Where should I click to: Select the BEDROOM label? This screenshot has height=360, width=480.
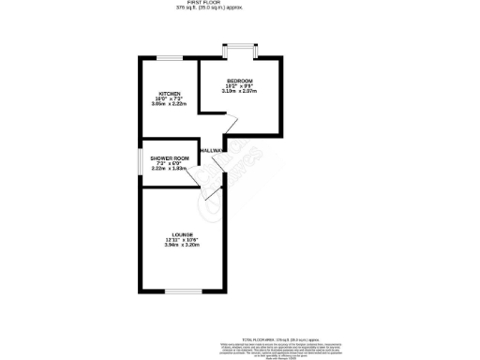pyautogui.click(x=240, y=82)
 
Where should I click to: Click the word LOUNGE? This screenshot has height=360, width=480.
pyautogui.click(x=182, y=234)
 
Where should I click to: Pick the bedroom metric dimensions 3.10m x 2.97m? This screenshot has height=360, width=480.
pyautogui.click(x=240, y=93)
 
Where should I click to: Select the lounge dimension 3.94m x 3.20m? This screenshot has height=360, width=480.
pyautogui.click(x=182, y=246)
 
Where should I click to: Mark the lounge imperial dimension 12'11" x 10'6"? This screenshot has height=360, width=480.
pyautogui.click(x=182, y=240)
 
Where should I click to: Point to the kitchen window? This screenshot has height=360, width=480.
pyautogui.click(x=169, y=59)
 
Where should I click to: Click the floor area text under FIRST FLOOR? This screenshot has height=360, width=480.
pyautogui.click(x=208, y=8)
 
